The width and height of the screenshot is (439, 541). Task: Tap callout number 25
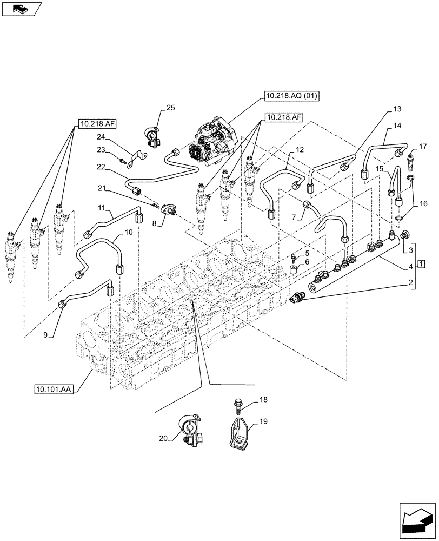(x=170, y=109)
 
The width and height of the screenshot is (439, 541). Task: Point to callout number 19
(x=263, y=421)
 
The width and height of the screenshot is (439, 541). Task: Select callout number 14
(x=397, y=126)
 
